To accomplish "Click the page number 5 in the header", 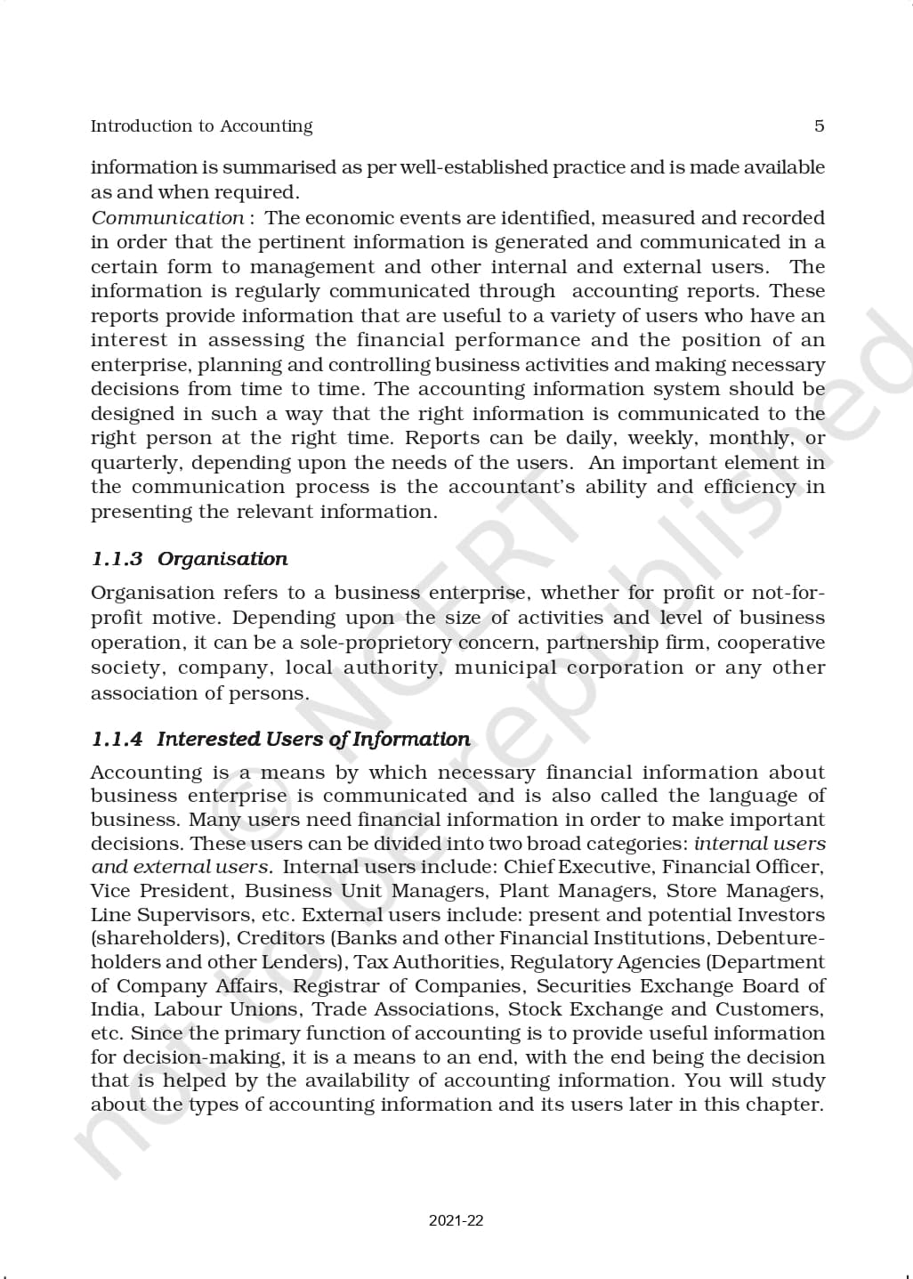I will pos(819,125).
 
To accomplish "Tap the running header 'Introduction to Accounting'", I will pos(201,126).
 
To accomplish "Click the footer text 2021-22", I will pos(456,1220).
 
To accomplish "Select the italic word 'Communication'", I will pos(167,218).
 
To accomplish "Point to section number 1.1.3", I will pos(117,559).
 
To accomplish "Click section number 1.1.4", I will pos(117,739).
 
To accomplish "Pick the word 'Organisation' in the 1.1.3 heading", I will pos(222,559).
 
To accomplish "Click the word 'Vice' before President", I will pos(109,891).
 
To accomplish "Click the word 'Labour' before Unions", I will pos(185,1009).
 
